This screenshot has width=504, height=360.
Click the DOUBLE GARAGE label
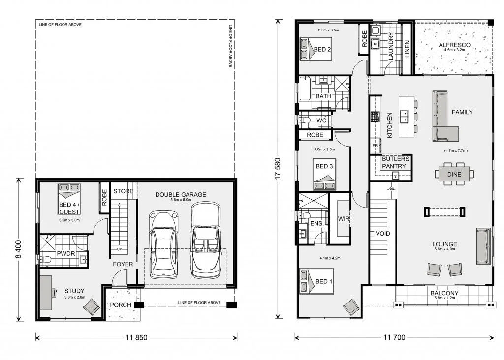tap(181, 195)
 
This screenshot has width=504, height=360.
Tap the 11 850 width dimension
tap(137, 337)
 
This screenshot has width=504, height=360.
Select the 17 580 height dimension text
tap(278, 169)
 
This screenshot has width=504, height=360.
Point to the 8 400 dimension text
tap(18, 249)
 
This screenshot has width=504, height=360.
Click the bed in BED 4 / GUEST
tap(69, 199)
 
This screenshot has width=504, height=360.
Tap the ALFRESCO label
tap(454, 45)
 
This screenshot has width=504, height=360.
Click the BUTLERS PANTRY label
tap(395, 162)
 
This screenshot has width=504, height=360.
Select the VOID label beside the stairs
tap(383, 234)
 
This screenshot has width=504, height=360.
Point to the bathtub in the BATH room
tap(305, 89)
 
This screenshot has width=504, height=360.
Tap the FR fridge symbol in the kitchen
tap(375, 146)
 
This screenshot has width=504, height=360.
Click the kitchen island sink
tap(404, 117)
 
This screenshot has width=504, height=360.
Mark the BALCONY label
tap(444, 293)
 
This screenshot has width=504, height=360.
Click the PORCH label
tap(121, 305)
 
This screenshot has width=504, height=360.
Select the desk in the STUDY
tap(46, 293)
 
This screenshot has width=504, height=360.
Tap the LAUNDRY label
tap(391, 46)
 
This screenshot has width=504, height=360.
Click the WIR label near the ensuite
tap(344, 219)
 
